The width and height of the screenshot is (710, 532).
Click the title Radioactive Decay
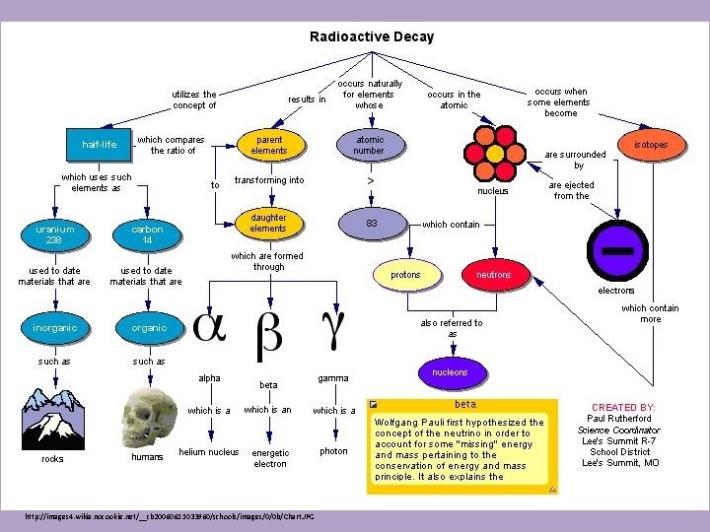click(371, 36)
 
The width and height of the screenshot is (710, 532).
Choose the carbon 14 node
click(147, 233)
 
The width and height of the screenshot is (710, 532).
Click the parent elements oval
click(268, 145)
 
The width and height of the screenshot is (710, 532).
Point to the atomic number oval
click(369, 145)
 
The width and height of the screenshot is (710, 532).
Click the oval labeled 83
click(372, 224)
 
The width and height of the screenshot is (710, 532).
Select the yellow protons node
click(405, 275)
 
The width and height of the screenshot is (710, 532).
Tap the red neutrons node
click(493, 275)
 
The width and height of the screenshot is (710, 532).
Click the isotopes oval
click(650, 145)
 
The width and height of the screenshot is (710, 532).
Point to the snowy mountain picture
click(53, 418)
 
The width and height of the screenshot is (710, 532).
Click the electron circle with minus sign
click(617, 250)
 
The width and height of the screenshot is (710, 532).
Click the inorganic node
click(55, 327)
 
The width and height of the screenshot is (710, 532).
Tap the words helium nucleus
click(208, 452)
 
